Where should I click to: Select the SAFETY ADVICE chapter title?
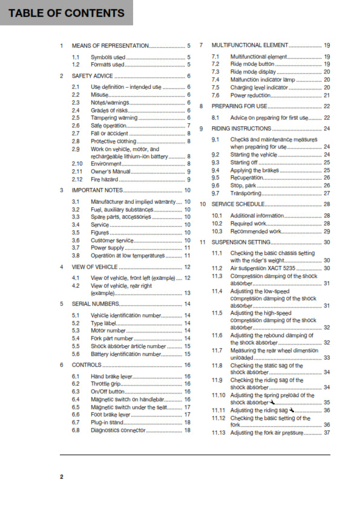92,76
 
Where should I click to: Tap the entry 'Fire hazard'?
104,180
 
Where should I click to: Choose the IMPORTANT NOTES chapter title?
97,190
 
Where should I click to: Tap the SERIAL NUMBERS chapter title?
96,303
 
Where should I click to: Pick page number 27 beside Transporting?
327,193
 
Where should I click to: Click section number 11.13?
218,433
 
